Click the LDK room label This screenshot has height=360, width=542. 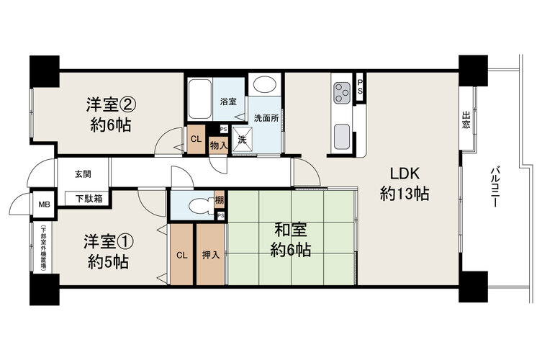(x=405, y=174)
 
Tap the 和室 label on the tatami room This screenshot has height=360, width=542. (x=291, y=229)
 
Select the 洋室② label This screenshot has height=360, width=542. (x=111, y=104)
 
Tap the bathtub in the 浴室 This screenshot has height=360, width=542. (x=200, y=99)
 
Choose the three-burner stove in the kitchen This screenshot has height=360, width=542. (x=342, y=93)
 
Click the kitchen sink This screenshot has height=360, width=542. (x=342, y=136)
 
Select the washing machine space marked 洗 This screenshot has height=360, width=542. (x=242, y=140)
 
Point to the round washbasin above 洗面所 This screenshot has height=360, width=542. (x=264, y=84)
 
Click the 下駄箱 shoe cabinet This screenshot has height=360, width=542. (x=89, y=199)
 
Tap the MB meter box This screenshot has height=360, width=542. (x=44, y=204)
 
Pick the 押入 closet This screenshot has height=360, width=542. (x=210, y=255)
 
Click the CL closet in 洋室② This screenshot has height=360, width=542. (x=196, y=140)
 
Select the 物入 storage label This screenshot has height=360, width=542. (x=219, y=146)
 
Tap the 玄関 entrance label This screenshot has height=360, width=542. (x=83, y=174)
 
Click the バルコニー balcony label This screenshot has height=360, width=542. (x=495, y=186)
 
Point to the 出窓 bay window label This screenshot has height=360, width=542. (x=466, y=120)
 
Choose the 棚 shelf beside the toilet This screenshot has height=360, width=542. (x=219, y=200)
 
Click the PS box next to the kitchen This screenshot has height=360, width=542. (x=360, y=87)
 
